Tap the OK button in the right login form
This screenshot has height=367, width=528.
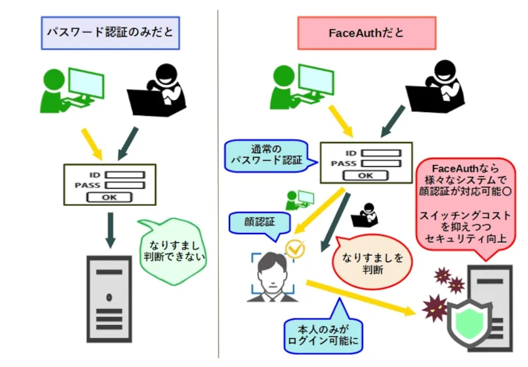click(365, 175)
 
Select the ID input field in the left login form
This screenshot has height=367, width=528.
click(124, 175)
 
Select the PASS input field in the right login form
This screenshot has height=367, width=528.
click(381, 163)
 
